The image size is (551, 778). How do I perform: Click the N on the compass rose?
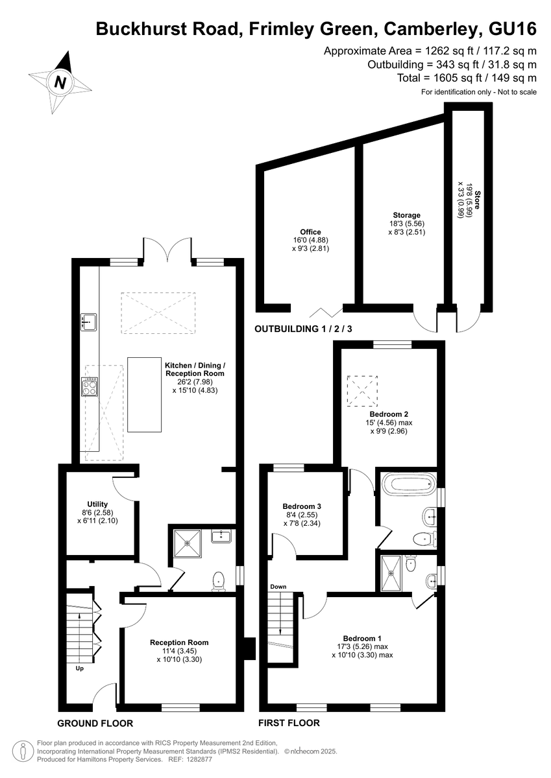coord(60,82)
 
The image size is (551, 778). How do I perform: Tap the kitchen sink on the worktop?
coord(89,322)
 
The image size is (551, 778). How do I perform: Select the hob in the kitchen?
coord(90,386)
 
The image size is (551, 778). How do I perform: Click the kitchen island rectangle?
coord(144,395)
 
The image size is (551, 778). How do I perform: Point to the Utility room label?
coord(97,504)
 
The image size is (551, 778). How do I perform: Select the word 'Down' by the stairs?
coord(278,587)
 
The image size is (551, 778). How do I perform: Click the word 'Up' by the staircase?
coord(80,668)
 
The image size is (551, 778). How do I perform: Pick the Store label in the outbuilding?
coord(477,200)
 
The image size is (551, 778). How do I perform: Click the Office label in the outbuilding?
coord(310,232)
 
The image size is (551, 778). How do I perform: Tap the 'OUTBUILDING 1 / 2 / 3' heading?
coord(303,329)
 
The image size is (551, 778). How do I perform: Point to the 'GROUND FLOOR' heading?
coord(95,724)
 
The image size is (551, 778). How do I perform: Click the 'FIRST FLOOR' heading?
coord(289,723)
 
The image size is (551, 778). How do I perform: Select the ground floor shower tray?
coord(188,543)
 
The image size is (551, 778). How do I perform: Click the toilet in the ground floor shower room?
coord(218,582)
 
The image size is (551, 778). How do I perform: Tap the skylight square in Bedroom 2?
coord(362,391)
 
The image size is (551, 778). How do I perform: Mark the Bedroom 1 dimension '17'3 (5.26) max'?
coord(362,647)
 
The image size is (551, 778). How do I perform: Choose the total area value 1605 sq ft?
coord(458,78)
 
